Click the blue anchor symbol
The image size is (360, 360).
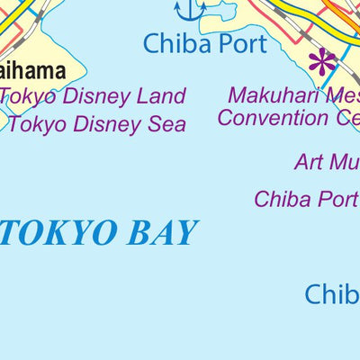[190, 10]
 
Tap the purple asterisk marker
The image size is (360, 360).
[321, 61]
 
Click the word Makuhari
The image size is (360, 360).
[267, 95]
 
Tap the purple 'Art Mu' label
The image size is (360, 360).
[326, 162]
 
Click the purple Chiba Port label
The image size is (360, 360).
[306, 198]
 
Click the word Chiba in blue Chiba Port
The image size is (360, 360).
[176, 42]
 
